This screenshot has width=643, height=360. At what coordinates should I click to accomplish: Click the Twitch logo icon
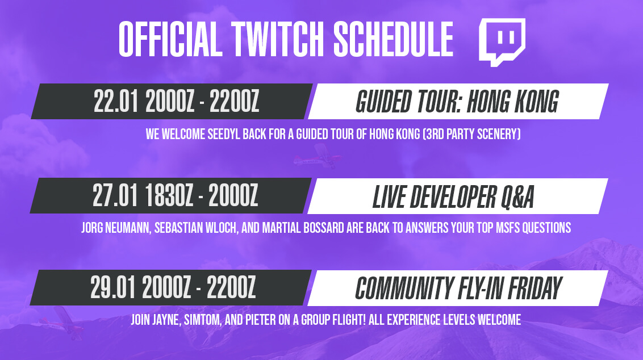click(502, 42)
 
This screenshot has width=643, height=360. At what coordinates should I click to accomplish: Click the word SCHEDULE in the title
click(393, 39)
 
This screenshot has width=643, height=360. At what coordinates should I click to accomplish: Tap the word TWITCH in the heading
click(278, 39)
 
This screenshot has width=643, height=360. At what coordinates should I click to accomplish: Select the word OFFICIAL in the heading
click(170, 39)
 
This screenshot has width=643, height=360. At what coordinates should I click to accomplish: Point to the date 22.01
click(116, 101)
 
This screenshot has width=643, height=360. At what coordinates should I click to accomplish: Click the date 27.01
click(115, 195)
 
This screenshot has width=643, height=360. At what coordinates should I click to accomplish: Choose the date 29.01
click(113, 287)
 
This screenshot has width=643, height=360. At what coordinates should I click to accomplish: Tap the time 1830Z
click(169, 195)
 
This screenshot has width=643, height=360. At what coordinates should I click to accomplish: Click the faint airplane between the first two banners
click(316, 156)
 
